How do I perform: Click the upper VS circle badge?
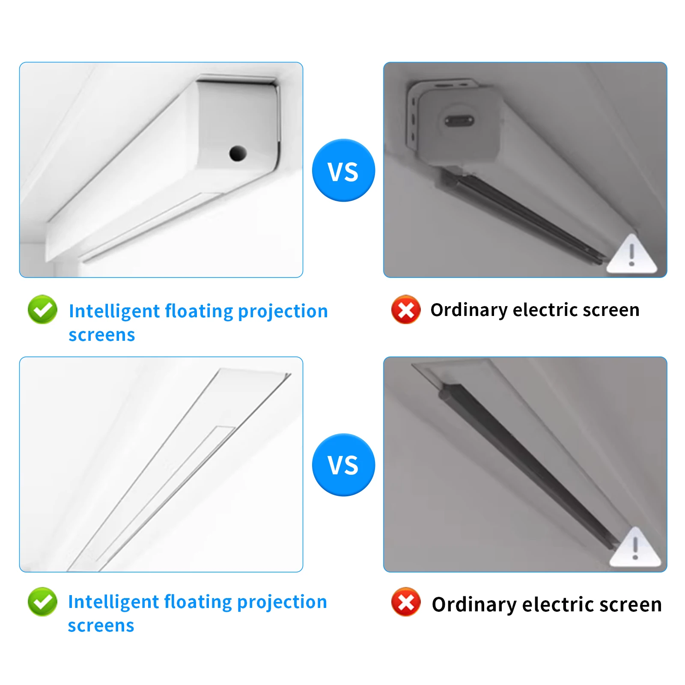tap(343, 170)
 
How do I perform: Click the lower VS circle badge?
tap(343, 465)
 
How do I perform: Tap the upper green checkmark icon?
tap(42, 310)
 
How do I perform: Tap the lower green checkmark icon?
tap(42, 602)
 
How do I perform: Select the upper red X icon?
tap(406, 310)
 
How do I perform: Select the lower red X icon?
tap(406, 602)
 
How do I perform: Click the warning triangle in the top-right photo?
tap(631, 256)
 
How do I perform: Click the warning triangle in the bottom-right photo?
tap(635, 549)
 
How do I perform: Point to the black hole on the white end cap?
tap(238, 153)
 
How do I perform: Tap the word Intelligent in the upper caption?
tap(114, 312)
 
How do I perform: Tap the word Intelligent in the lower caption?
tap(113, 602)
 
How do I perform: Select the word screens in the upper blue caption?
tap(102, 335)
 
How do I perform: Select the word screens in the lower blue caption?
tap(101, 626)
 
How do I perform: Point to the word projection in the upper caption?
tap(283, 312)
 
